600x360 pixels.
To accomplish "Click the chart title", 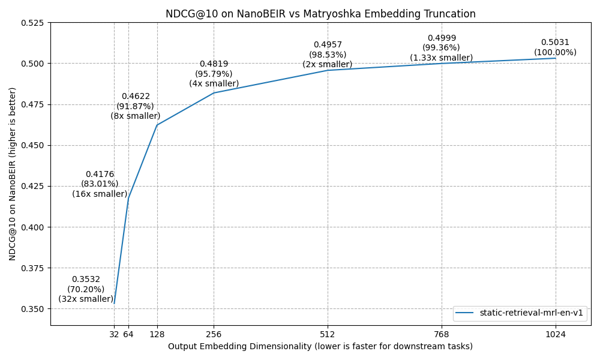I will pos(320,14).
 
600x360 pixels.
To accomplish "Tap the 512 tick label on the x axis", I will pos(328,334).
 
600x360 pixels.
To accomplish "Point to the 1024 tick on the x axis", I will pos(556,334).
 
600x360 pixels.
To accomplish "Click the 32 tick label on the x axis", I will pos(114,334).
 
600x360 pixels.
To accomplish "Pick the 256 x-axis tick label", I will pos(214,334).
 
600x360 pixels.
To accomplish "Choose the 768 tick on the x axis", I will pos(442,334).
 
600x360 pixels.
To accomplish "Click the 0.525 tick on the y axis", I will pos(33,23).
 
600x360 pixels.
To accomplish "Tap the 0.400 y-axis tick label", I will pos(33,227).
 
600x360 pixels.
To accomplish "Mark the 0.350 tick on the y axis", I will pos(33,309).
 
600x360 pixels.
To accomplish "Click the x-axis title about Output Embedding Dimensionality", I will pos(320,347).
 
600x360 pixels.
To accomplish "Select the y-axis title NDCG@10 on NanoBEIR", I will pos(13,174).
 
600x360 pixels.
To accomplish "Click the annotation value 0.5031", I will pos(555,43).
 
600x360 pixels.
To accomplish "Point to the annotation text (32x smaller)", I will pos(86,299).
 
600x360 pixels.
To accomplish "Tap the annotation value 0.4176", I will pos(100,175).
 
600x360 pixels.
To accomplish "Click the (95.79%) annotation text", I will pos(214,74).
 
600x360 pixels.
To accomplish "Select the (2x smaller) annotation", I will pos(328,65).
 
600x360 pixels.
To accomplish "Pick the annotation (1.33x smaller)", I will pos(442,58).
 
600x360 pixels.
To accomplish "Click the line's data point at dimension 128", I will pos(157,125).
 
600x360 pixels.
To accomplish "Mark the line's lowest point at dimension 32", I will pos(114,304).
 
